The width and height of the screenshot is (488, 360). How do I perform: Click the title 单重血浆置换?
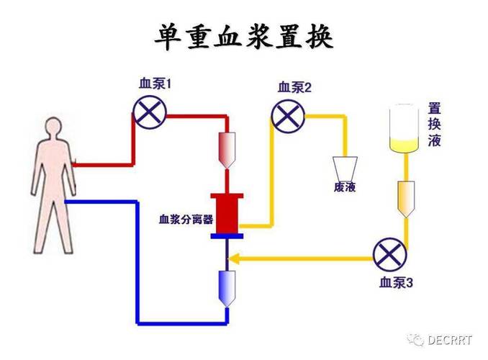coord(245,37)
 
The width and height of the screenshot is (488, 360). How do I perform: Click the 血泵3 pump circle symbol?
coord(389,256)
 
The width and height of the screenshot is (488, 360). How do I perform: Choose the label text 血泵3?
coord(396,284)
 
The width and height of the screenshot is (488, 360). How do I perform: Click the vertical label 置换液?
coord(434,125)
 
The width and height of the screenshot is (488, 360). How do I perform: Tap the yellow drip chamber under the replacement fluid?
coord(405,198)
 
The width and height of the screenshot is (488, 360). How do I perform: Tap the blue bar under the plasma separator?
coord(227,235)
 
